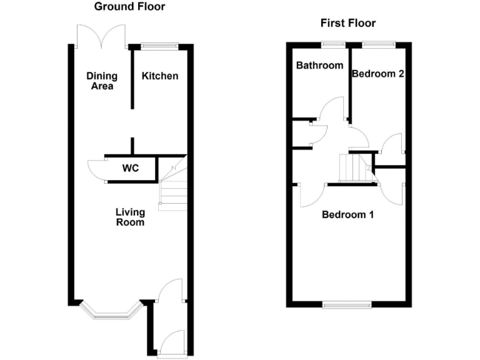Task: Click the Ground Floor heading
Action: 129,7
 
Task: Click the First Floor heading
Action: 348,23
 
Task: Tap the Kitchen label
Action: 160,76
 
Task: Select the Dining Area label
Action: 100,81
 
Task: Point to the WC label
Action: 131,168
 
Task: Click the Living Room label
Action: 130,217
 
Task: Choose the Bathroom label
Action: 319,66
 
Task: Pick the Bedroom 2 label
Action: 377,73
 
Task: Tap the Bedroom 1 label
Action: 347,215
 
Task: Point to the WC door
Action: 97,169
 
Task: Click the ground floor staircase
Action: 173,187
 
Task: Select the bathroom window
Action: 334,44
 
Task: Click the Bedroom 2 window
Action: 379,44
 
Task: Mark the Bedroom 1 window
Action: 347,304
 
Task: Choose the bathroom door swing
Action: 331,109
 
